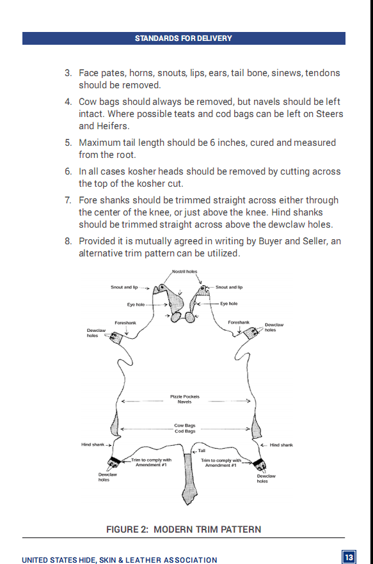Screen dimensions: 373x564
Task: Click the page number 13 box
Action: coord(349,558)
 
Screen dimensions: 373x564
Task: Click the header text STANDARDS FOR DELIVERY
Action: coord(184,38)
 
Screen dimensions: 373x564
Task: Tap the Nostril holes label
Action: coord(184,272)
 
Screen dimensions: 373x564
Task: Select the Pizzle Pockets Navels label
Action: coord(185,399)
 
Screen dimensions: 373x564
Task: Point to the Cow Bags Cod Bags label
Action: coord(185,428)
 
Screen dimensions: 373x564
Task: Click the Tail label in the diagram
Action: coord(202,451)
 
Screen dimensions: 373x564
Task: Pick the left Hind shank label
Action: coord(93,445)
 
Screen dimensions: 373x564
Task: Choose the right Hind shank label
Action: coord(282,445)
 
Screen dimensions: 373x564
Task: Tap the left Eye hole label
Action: coord(136,304)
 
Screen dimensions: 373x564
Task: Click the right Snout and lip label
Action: coord(229,287)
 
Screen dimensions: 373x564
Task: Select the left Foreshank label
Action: coord(125,323)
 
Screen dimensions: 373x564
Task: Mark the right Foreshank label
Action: coord(239,323)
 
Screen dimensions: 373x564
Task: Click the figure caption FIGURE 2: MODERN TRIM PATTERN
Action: coord(184,529)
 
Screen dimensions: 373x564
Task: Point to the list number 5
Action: coord(68,143)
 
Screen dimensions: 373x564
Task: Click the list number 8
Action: coord(68,241)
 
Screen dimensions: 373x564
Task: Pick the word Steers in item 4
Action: coord(329,114)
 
